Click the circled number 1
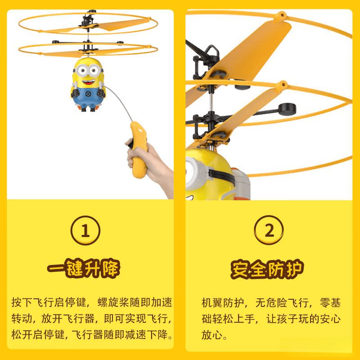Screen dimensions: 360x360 pyautogui.click(x=85, y=230)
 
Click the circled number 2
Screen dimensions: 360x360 pyautogui.click(x=269, y=230)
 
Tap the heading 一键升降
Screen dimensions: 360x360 pyautogui.click(x=83, y=268)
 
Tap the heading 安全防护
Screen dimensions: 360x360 pyautogui.click(x=267, y=269)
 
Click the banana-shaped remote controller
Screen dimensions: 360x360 pyautogui.click(x=139, y=149)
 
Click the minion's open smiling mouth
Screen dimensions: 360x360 pyautogui.click(x=89, y=82)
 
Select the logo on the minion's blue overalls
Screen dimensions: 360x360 pyautogui.click(x=88, y=94)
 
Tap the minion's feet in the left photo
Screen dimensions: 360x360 pyautogui.click(x=88, y=108)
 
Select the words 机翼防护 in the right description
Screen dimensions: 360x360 pyautogui.click(x=222, y=303)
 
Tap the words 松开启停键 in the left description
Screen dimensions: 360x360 pyautogui.click(x=38, y=334)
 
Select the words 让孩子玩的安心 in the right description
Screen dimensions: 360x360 pyautogui.click(x=303, y=319)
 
